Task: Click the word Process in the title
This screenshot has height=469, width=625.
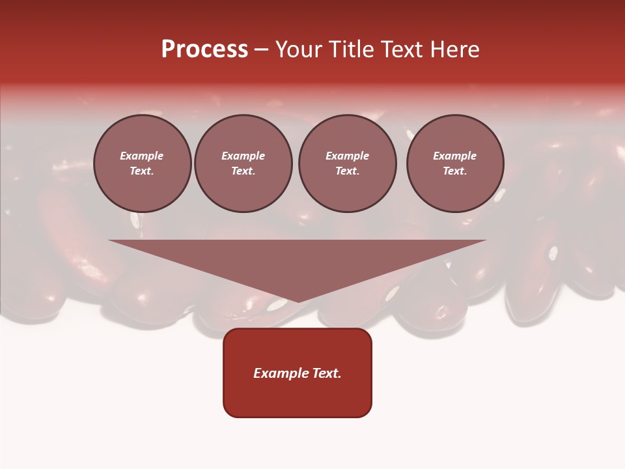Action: click(x=204, y=50)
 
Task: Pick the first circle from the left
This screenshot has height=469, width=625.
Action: click(x=142, y=163)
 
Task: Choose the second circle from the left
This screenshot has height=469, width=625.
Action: click(x=243, y=163)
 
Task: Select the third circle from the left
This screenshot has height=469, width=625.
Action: click(x=347, y=163)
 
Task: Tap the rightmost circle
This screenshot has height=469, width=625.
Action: click(x=455, y=163)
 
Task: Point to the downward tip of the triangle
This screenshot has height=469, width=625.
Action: click(x=298, y=301)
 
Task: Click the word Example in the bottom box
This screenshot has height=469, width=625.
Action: click(x=279, y=373)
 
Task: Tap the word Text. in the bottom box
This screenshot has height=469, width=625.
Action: click(x=325, y=373)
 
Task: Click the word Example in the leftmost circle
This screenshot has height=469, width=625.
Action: click(x=142, y=156)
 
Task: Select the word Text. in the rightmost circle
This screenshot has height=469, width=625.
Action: click(x=455, y=171)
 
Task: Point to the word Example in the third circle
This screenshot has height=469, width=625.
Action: click(x=347, y=156)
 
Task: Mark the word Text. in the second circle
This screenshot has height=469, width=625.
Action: click(x=243, y=171)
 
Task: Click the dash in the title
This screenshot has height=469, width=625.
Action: click(x=262, y=50)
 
